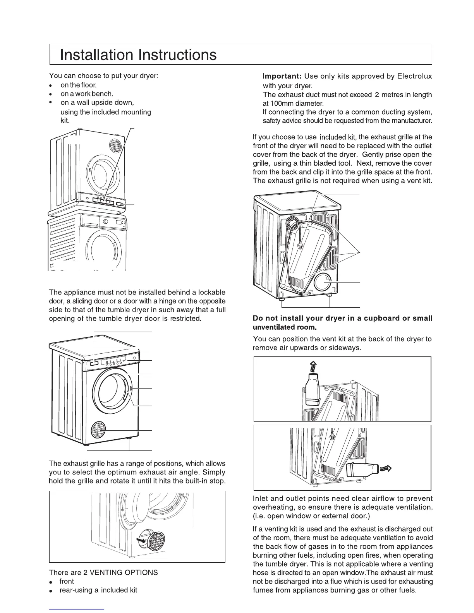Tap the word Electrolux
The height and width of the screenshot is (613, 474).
414,76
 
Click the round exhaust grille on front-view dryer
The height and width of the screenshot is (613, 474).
98,430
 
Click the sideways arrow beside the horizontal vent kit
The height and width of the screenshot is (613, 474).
387,469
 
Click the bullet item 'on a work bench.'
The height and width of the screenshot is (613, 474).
87,94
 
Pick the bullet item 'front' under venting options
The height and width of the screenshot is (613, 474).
67,581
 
